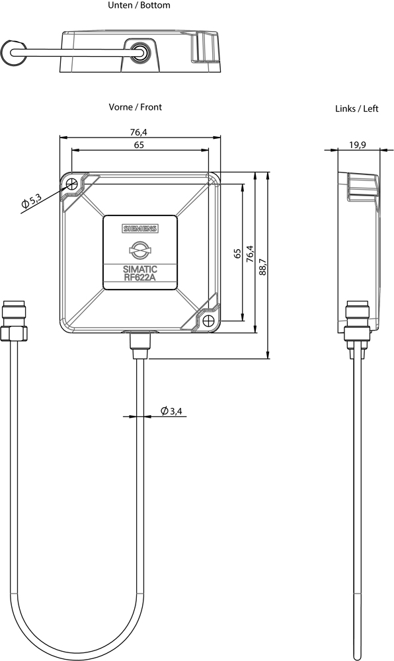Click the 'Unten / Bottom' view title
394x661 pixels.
point(139,5)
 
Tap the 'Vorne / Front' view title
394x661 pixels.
point(136,107)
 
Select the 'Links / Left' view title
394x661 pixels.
point(357,109)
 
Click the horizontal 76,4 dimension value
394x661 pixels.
point(139,132)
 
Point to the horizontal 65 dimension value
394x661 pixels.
point(139,145)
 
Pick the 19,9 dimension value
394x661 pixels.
point(358,145)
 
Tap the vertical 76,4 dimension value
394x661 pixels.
point(251,254)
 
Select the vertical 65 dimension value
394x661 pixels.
point(238,253)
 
